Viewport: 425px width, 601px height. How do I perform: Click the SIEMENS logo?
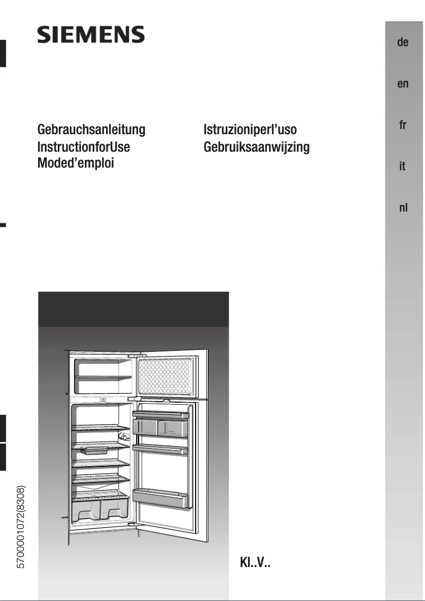(91, 36)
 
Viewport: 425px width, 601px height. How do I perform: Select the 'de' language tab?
(403, 42)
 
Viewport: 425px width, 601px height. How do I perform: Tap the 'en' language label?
(403, 84)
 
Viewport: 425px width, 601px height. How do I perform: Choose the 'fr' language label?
(403, 125)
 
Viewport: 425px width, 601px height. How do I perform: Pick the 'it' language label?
(403, 167)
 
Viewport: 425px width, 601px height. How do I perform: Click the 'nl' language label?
(403, 208)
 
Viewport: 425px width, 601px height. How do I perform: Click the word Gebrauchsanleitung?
(91, 130)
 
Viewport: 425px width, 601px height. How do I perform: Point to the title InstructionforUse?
(83, 146)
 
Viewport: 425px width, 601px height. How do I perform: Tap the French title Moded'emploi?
(76, 163)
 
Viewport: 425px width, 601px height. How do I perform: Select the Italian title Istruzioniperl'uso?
(250, 130)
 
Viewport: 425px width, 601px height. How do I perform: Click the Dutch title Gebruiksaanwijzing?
(256, 146)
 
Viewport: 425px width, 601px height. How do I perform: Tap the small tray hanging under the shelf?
(93, 450)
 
